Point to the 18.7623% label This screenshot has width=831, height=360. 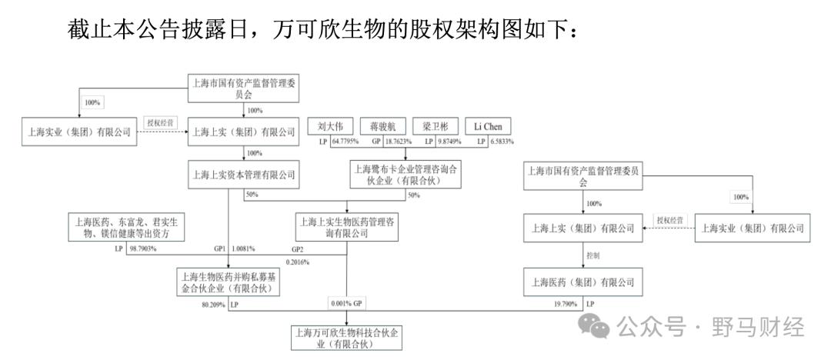point(395,142)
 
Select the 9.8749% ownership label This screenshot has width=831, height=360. point(446,142)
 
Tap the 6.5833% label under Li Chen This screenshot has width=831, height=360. point(499,142)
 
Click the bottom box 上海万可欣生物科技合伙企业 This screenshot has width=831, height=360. point(347,338)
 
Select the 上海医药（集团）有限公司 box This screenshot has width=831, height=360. point(581,281)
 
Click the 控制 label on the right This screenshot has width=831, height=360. point(592,255)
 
